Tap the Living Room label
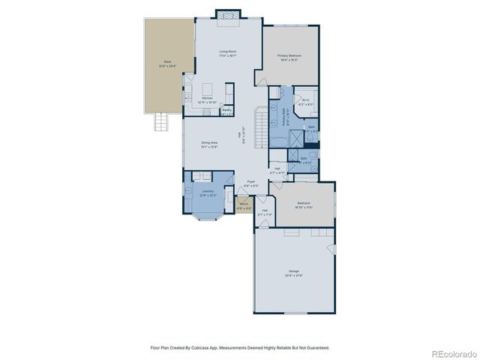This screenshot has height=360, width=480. click(228, 52)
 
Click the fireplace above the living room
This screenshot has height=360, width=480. click(228, 15)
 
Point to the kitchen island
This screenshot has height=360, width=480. click(208, 89)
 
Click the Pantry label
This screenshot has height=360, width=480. click(226, 111)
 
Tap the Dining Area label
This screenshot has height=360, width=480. click(209, 144)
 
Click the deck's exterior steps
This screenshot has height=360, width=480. click(160, 120)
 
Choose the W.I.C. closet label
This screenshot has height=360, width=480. click(305, 103)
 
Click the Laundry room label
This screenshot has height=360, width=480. click(208, 193)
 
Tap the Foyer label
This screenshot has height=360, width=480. click(251, 183)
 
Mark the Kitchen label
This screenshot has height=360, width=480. click(207, 99)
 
